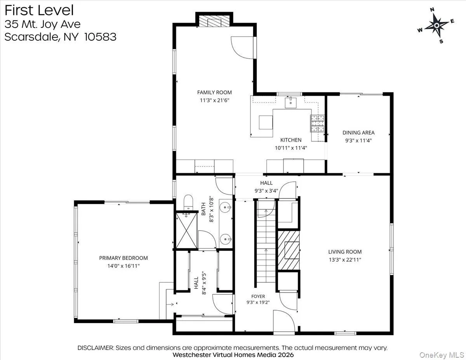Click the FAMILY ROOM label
pos(214,92)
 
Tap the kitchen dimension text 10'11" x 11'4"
pos(291,148)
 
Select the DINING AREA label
pos(358,133)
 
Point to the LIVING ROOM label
pos(345,252)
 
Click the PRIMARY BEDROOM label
pos(123,258)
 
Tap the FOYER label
pos(258,296)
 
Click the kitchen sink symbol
pos(291,103)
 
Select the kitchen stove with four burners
pos(318,123)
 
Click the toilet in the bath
pos(188,202)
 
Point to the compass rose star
pos(436,26)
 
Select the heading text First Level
pos(39,10)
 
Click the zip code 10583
pos(100,37)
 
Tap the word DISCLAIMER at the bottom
pos(96,348)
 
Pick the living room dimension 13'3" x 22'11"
pos(345,260)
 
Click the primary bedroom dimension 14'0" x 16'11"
pos(123,266)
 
